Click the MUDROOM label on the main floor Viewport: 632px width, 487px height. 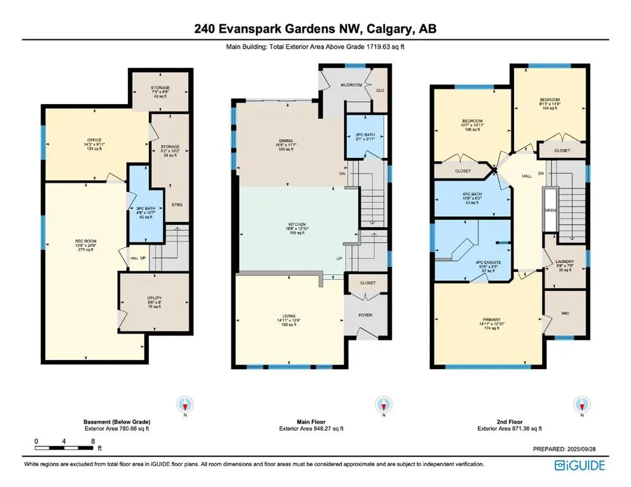pos(352,84)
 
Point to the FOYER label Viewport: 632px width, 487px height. pos(367,313)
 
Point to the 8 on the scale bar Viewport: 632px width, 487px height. pos(93,440)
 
